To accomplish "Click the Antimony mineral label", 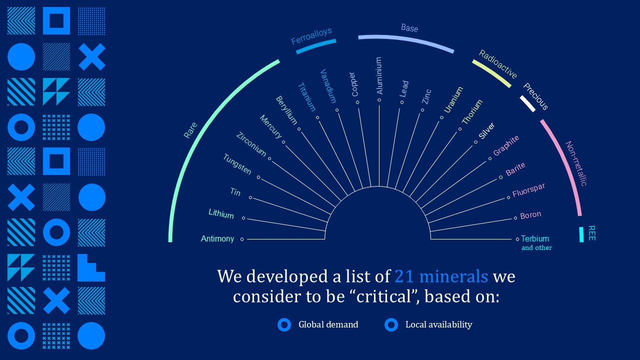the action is coord(217,238).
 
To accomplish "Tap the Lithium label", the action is coord(221,213).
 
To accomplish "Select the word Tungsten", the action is coord(237,164).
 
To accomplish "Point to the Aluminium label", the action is coord(379,75).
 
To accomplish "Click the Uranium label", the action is coord(453,99).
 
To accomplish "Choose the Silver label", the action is coord(486,131).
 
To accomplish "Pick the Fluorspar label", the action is coord(528,190).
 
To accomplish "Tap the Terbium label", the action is coord(535,238).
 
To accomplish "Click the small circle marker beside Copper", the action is coord(357,102).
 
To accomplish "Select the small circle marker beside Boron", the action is coord(515,218).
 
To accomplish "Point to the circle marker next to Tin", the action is coord(250,197).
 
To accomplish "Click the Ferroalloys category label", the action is coord(311,36).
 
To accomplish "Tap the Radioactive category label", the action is coord(498,64).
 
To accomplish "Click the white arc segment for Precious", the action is coord(527,103).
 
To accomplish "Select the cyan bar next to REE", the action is coord(581,234).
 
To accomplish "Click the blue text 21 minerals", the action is coord(441,276).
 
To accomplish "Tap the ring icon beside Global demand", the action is coord(284,325).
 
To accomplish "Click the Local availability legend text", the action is coord(439,324).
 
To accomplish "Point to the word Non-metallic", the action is coord(576,163).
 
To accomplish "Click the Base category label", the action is coord(409,28).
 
